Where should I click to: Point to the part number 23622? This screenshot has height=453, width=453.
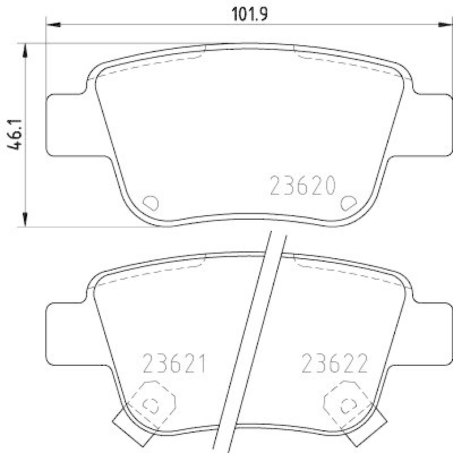point(335,363)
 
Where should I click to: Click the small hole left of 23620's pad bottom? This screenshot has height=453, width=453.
point(151,202)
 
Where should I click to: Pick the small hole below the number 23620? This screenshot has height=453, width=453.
point(347,202)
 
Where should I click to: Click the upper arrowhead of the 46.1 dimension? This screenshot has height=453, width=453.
point(25,49)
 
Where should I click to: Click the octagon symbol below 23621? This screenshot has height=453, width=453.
point(151,403)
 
